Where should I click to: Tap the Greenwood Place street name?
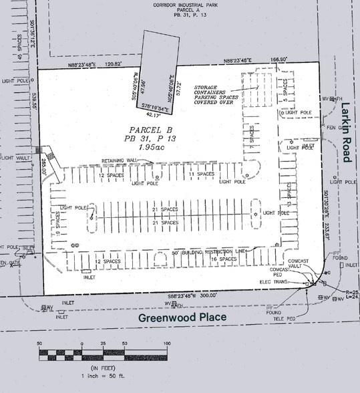[182, 317]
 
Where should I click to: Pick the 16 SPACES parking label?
[224, 259]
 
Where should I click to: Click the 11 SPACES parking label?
[200, 174]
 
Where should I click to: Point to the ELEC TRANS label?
[274, 283]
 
